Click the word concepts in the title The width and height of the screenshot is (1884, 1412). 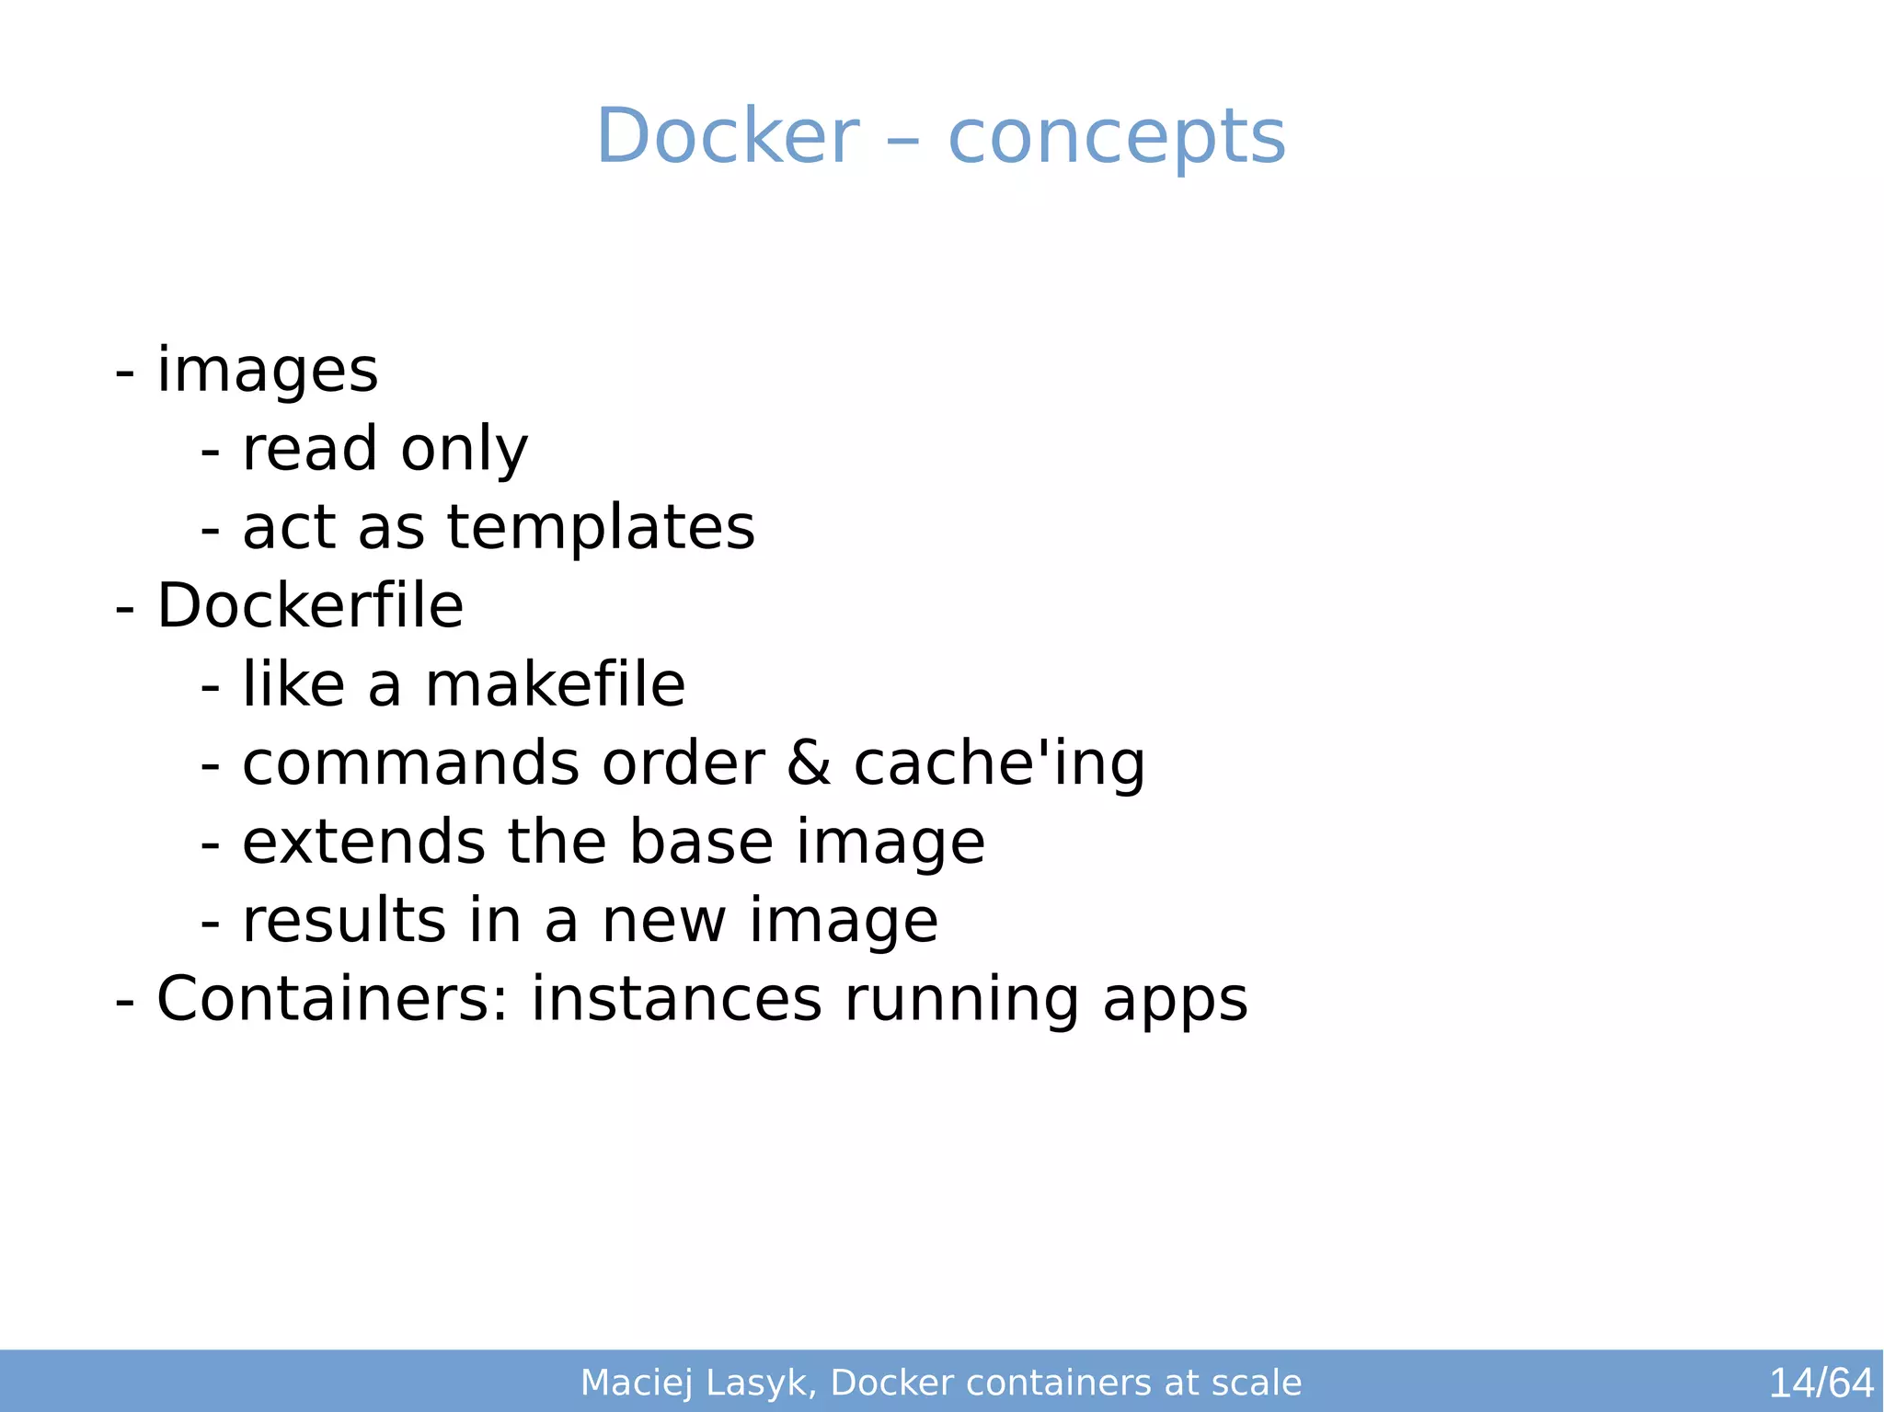click(1116, 138)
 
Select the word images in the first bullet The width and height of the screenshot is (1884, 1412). click(267, 371)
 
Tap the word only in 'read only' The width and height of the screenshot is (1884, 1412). click(464, 450)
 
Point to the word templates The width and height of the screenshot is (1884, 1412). click(601, 529)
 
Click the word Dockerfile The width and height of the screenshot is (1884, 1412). click(310, 606)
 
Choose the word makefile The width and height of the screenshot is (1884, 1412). click(555, 685)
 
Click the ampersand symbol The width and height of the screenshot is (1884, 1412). click(809, 763)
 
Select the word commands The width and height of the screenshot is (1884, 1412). click(410, 763)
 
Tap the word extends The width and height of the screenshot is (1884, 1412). click(363, 842)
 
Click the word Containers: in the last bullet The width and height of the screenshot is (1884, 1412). click(332, 999)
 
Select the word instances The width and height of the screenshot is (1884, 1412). click(676, 999)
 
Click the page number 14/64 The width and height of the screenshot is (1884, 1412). click(1821, 1383)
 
